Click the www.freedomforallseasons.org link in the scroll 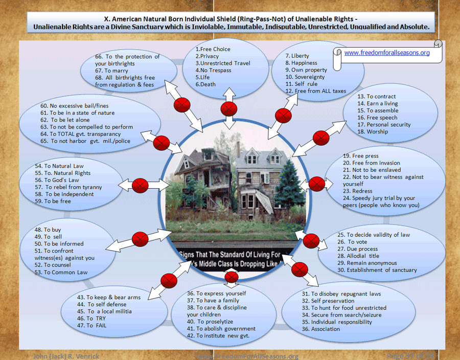pyautogui.click(x=387, y=53)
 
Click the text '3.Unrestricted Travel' pyautogui.click(x=223, y=63)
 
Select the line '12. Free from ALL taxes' pyautogui.click(x=315, y=91)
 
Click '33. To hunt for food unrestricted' pyautogui.click(x=344, y=308)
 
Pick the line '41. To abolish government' pyautogui.click(x=221, y=329)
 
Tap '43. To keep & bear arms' pyautogui.click(x=108, y=297)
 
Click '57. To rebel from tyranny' pyautogui.click(x=68, y=187)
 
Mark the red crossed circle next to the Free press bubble pyautogui.click(x=317, y=183)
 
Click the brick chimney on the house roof pyautogui.click(x=238, y=149)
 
